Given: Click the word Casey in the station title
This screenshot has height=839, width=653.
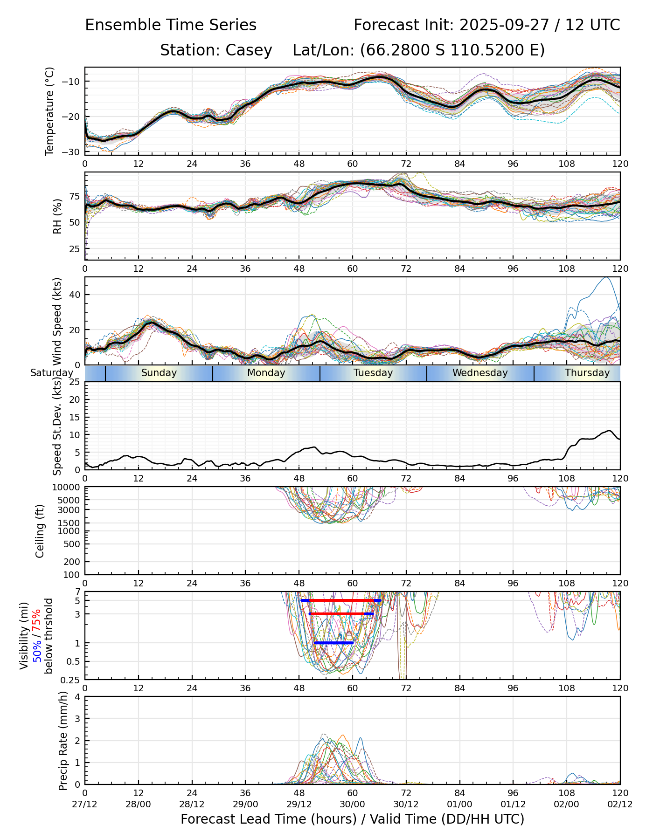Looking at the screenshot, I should pyautogui.click(x=249, y=50).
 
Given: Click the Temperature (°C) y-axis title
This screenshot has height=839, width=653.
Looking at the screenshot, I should pyautogui.click(x=50, y=111).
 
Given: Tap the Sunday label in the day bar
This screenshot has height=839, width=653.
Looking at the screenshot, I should pyautogui.click(x=159, y=373).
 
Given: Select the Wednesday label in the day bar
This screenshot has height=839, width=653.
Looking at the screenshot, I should pyautogui.click(x=480, y=373).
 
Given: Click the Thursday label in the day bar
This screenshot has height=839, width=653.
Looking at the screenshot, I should pyautogui.click(x=587, y=373).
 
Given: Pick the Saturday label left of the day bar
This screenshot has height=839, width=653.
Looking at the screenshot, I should pyautogui.click(x=52, y=373).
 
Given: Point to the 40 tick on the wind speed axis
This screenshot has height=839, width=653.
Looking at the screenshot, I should pyautogui.click(x=76, y=295).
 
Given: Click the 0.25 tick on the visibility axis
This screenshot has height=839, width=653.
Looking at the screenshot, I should pyautogui.click(x=71, y=679).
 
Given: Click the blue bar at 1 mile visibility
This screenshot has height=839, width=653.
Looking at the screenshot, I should pyautogui.click(x=333, y=643).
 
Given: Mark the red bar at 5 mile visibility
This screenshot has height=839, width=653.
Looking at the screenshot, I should pyautogui.click(x=341, y=600).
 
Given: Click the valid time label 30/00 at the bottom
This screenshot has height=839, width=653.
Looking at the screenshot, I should pyautogui.click(x=353, y=804).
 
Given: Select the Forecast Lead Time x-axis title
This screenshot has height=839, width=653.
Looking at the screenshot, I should pyautogui.click(x=352, y=819).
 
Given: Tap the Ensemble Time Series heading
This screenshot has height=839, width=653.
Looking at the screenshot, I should pyautogui.click(x=171, y=25).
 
